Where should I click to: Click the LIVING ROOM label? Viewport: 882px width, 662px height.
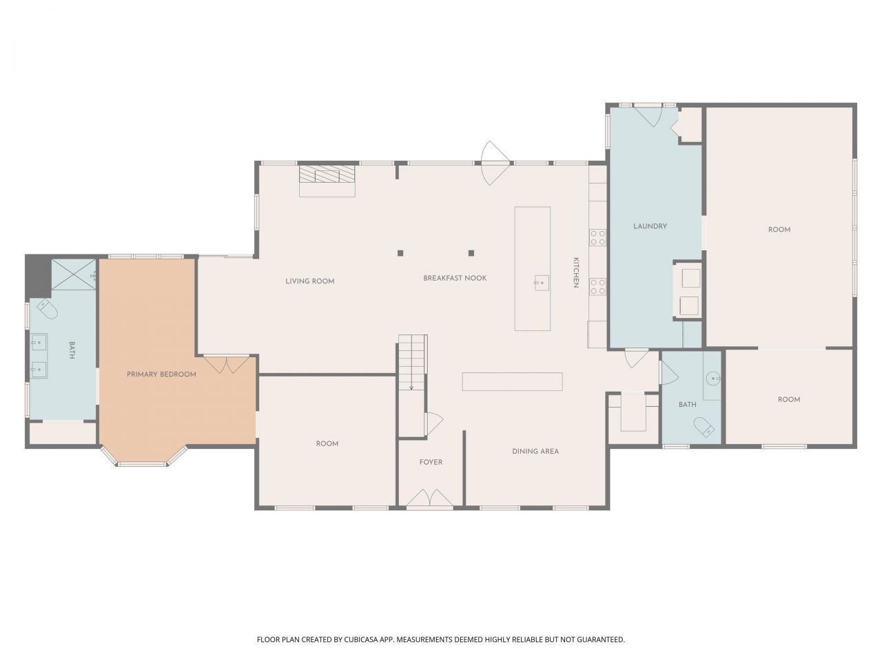309,281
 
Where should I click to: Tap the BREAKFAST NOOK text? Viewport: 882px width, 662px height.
455,278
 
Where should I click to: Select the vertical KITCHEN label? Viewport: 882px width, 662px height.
575,273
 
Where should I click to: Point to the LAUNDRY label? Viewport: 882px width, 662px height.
650,226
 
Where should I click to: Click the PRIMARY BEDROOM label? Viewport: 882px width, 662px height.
161,374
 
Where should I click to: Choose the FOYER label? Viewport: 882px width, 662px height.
431,462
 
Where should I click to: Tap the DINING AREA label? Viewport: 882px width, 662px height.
535,452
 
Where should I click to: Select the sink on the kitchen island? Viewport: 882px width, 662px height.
540,282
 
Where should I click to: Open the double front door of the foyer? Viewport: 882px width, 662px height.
429,499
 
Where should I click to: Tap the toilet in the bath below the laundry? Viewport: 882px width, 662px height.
704,427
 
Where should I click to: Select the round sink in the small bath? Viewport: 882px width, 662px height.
715,378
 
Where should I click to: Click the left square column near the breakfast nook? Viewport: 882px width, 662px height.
400,253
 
